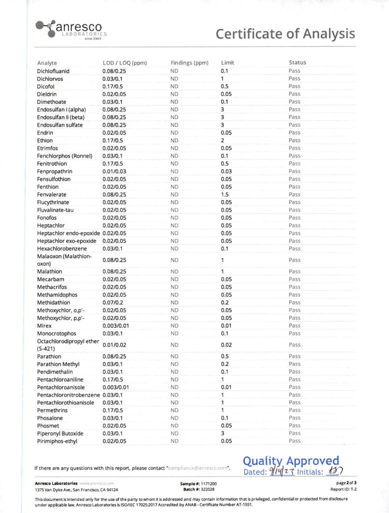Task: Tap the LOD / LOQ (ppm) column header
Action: pos(124,63)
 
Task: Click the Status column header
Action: pos(297,63)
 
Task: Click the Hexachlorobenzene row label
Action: pos(65,247)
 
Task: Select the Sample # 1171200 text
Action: pos(195,484)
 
